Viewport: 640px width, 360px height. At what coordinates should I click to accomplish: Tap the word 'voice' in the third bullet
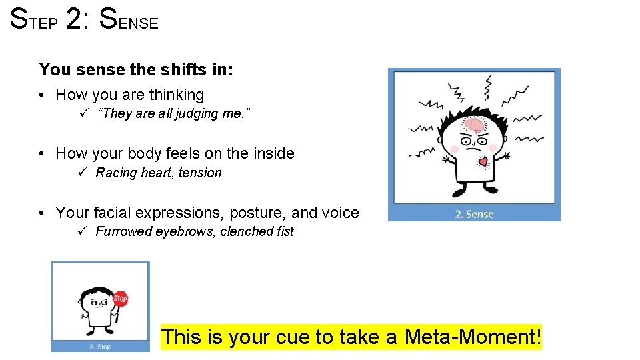340,213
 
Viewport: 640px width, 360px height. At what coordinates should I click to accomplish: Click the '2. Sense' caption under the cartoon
474,214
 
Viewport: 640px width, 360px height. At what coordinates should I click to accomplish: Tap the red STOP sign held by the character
120,298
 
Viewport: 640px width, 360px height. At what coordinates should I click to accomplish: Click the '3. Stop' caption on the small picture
101,347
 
